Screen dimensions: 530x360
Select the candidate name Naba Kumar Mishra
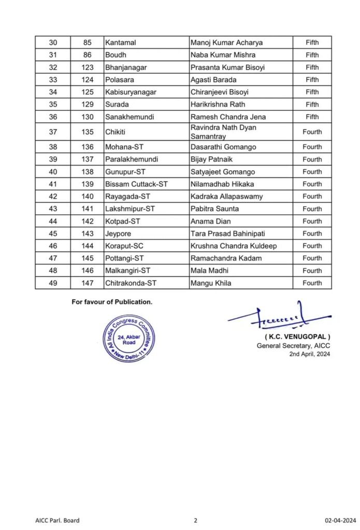[x=223, y=55]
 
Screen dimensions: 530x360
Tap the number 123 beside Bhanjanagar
[x=88, y=67]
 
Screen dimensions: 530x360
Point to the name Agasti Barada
[x=213, y=80]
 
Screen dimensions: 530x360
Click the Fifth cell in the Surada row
[x=312, y=105]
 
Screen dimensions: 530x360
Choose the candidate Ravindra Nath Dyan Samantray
[x=223, y=131]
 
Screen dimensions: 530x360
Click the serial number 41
[x=52, y=184]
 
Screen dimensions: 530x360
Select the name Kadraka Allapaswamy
[x=226, y=197]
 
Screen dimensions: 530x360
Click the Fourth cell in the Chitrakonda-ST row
[x=312, y=283]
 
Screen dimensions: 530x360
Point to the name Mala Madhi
[x=209, y=271]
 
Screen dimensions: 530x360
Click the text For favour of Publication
[x=112, y=302]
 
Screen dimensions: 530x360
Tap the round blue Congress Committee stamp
[x=128, y=339]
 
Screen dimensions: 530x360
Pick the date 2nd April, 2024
[x=310, y=354]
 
